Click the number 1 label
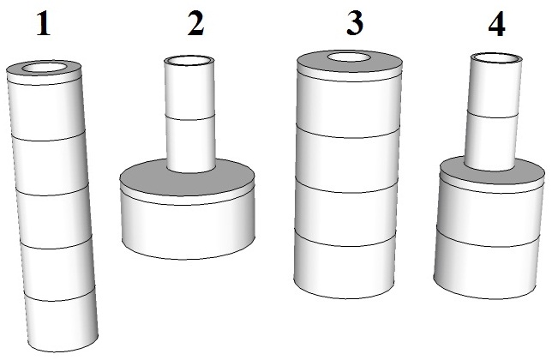point(44,23)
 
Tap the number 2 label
point(195,23)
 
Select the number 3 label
point(355,23)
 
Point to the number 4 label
point(497,24)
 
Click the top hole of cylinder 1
point(45,67)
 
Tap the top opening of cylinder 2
point(189,61)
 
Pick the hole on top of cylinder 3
point(349,57)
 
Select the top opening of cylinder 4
point(496,58)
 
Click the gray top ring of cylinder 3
point(349,67)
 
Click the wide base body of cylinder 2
point(188,229)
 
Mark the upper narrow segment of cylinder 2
point(189,90)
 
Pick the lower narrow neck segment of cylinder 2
point(190,144)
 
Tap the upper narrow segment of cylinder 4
point(495,87)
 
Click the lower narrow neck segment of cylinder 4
point(491,141)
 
